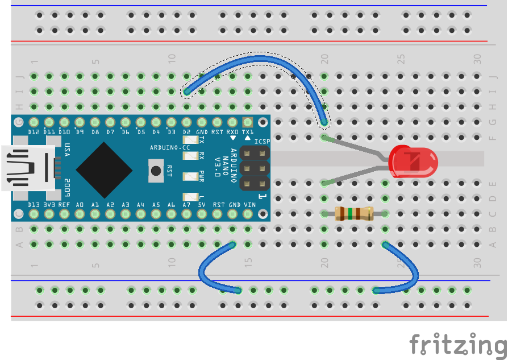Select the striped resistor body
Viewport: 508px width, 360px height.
pos(353,214)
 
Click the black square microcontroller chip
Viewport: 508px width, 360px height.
pos(104,168)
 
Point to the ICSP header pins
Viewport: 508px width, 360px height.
pos(255,168)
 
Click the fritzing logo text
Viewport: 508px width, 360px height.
pos(457,345)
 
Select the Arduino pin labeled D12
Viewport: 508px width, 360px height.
pos(34,122)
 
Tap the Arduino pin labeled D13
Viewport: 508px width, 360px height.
pos(34,214)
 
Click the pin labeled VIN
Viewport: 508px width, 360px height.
pos(248,214)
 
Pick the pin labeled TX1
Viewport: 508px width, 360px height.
pos(248,122)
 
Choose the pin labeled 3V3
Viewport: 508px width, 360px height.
pos(49,214)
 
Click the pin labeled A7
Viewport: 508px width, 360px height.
pos(186,214)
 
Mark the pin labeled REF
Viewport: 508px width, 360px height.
pos(65,214)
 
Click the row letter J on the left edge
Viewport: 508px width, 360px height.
pos(19,76)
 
